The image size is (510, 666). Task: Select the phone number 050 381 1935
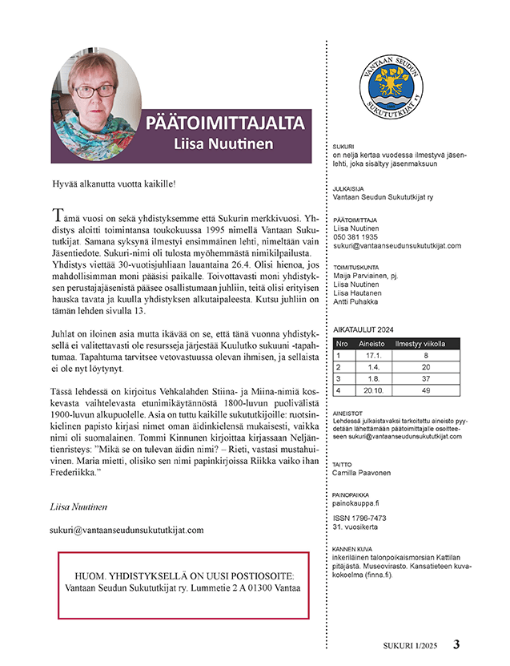click(355, 237)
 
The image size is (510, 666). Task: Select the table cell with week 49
click(427, 390)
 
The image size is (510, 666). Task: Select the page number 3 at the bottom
click(456, 644)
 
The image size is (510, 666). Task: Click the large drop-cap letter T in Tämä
click(56, 214)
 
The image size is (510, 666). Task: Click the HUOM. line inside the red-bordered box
click(183, 576)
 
